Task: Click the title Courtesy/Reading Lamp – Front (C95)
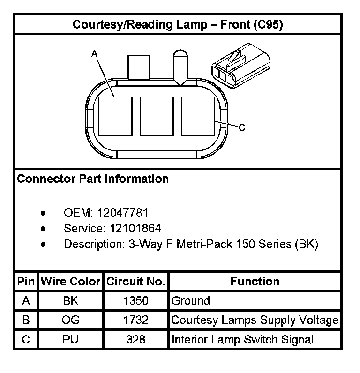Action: tap(178, 25)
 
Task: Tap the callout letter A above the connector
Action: tap(94, 54)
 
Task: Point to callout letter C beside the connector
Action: tap(242, 127)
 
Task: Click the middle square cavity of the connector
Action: tap(157, 117)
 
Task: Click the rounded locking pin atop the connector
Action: tap(180, 66)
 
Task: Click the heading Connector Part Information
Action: tap(93, 179)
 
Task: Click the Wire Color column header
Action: tap(71, 282)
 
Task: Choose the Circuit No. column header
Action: tap(136, 282)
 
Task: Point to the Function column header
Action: tap(255, 282)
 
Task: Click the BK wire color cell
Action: tap(71, 301)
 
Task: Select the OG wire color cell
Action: tap(71, 320)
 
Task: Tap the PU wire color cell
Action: tap(71, 339)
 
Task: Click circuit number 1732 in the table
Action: tap(135, 320)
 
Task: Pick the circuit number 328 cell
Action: tap(135, 339)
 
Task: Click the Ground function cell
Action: tap(191, 301)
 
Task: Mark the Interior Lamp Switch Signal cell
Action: tap(242, 339)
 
